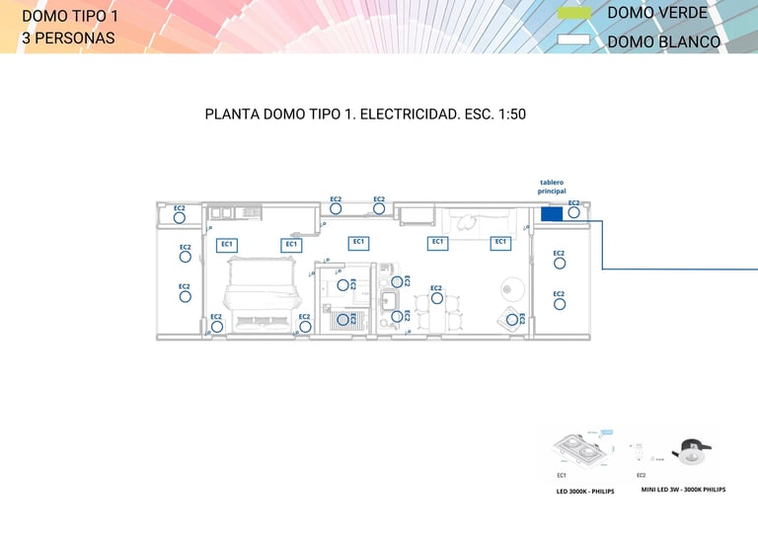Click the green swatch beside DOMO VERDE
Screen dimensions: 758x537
tap(573, 14)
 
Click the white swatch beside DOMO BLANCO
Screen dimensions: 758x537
tap(573, 41)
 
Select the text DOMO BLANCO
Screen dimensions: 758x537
tap(663, 42)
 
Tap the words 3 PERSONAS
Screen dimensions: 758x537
tap(68, 38)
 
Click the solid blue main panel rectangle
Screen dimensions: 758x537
tap(552, 214)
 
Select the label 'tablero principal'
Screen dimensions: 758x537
tap(551, 187)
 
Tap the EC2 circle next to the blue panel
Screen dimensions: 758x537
tap(573, 212)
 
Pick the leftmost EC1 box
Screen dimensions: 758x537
tap(227, 245)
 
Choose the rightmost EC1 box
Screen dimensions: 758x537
tap(500, 242)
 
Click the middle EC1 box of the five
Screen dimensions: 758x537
tap(358, 243)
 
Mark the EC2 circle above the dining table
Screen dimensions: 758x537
tap(436, 297)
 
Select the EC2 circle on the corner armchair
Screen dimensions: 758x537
tap(512, 319)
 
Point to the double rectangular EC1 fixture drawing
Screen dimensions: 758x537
tap(578, 452)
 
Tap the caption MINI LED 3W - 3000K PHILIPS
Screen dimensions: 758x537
tap(683, 489)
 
